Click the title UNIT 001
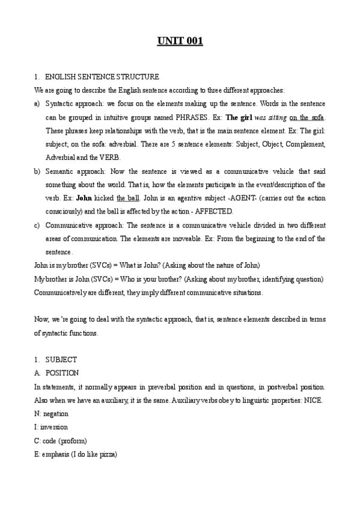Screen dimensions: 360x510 [x=180, y=41]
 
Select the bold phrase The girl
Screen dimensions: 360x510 [x=238, y=117]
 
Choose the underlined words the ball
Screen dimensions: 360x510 [x=129, y=198]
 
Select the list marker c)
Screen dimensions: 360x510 [x=38, y=225]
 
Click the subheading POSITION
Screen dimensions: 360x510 [x=63, y=373]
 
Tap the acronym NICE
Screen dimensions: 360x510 [x=313, y=401]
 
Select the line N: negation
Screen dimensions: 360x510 [x=51, y=414]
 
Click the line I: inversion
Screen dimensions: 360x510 [x=51, y=428]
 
